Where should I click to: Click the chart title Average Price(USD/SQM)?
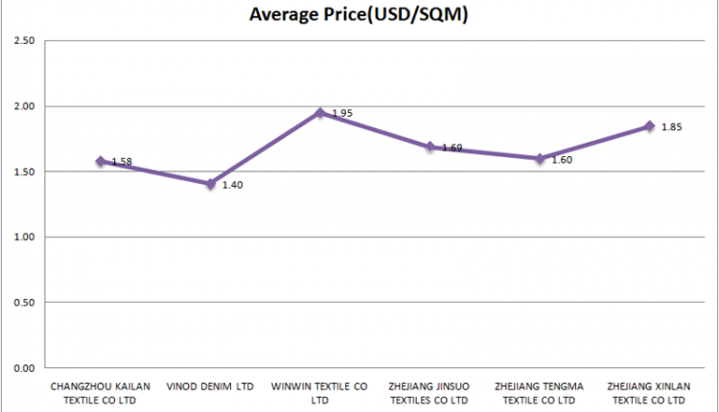[x=358, y=14]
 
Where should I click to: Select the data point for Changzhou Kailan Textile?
[x=100, y=161]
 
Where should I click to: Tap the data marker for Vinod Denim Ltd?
[x=210, y=183]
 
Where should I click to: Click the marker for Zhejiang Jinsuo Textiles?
[x=430, y=147]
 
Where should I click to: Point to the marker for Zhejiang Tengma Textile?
[x=540, y=158]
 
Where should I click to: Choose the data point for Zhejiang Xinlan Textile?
[x=650, y=126]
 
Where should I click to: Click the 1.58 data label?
[x=122, y=162]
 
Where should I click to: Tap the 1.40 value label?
[x=232, y=185]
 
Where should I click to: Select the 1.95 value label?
[x=342, y=113]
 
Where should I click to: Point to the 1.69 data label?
[x=452, y=148]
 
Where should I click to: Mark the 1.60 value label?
[x=562, y=160]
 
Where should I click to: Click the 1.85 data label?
[x=671, y=126]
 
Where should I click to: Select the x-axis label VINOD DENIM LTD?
[x=210, y=387]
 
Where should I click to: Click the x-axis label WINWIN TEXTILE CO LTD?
[x=320, y=393]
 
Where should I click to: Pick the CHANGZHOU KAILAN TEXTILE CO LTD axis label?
[x=100, y=393]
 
